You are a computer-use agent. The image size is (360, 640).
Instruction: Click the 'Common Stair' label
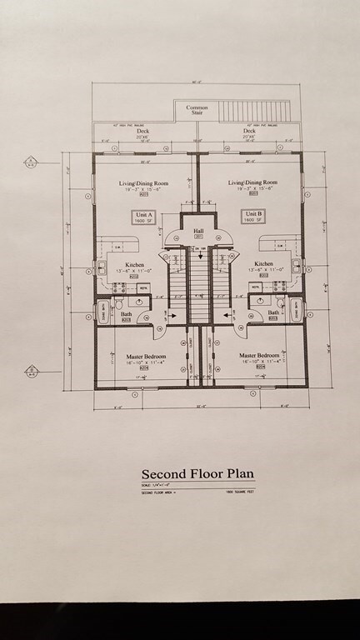197,109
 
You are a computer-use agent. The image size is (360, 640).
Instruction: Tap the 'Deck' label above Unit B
248,131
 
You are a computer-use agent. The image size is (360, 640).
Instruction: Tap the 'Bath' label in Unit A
127,313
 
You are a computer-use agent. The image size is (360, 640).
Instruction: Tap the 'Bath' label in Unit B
272,313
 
